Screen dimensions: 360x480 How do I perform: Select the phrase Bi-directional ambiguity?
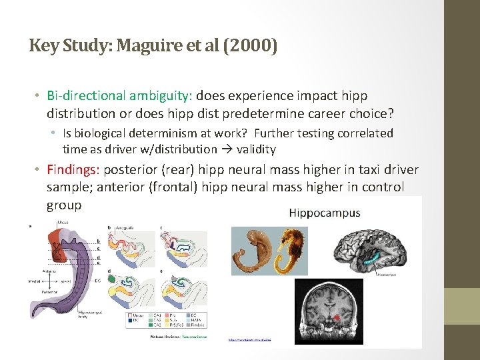point(119,96)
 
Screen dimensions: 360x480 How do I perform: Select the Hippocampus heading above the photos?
point(324,213)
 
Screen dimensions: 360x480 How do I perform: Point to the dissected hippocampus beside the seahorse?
point(253,250)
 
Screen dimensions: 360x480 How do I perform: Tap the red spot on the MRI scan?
point(337,318)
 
